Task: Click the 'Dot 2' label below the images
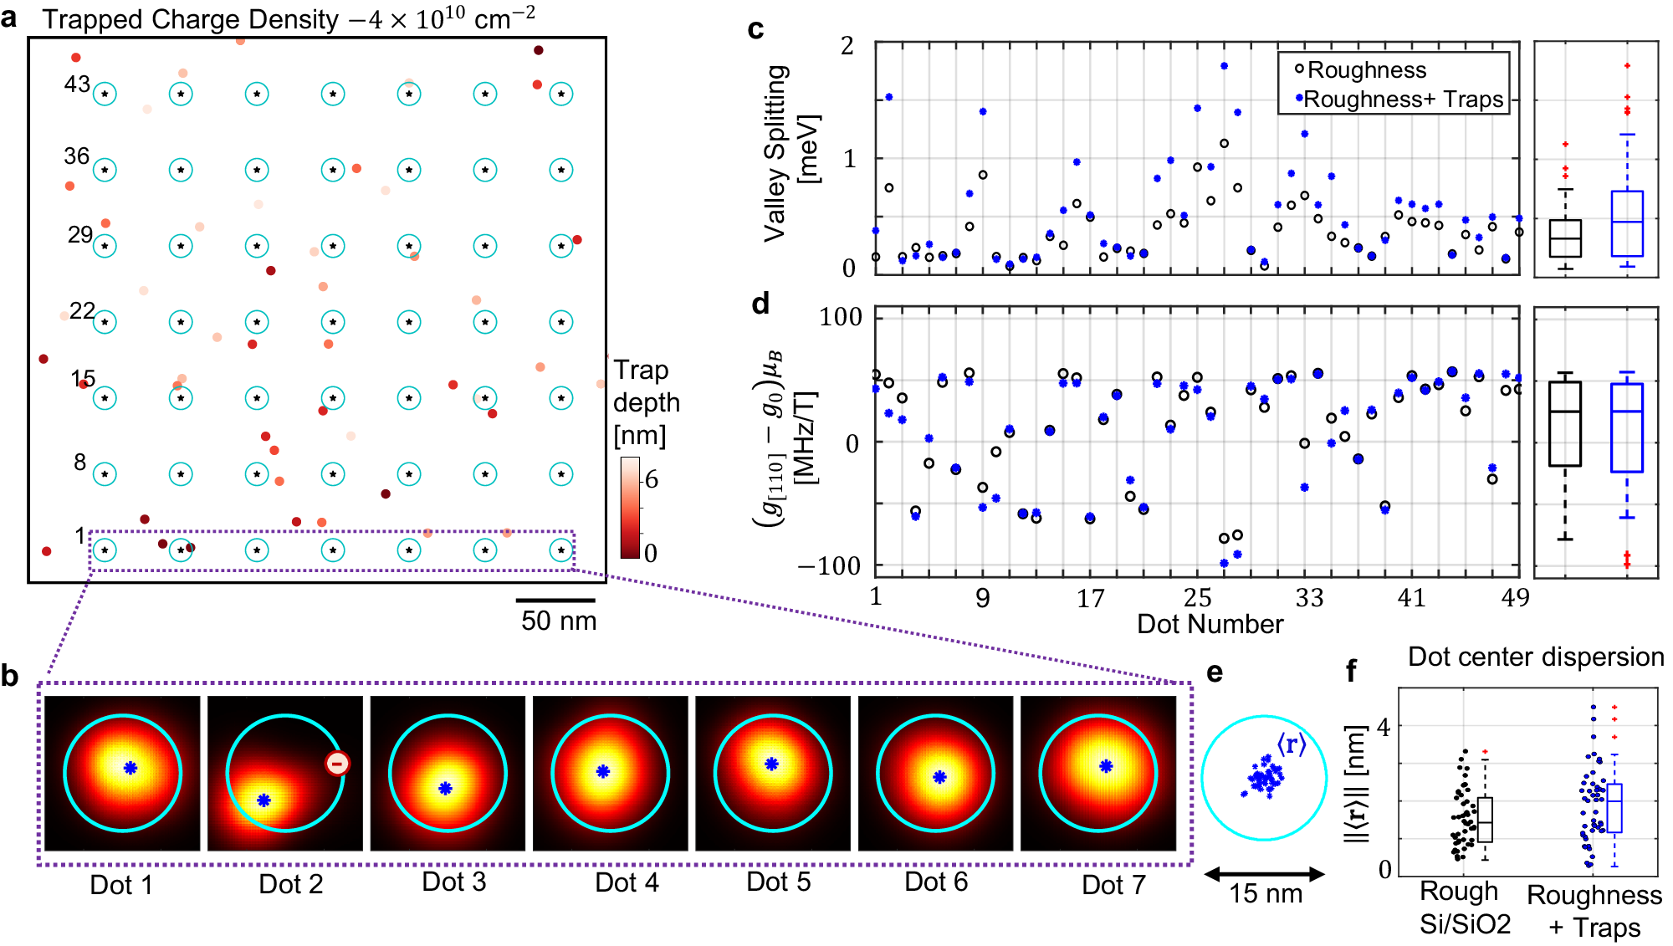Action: (290, 884)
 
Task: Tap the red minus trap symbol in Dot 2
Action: (337, 763)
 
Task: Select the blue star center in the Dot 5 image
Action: (771, 763)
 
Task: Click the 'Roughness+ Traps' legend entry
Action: (1404, 100)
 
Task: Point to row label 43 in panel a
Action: (77, 84)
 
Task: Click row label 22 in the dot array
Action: (82, 311)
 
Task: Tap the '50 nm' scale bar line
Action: (555, 600)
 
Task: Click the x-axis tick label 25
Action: (1197, 597)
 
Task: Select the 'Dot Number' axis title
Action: (1210, 624)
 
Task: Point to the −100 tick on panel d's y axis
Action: (829, 566)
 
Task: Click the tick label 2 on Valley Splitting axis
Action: (847, 46)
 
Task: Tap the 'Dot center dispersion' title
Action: (1536, 657)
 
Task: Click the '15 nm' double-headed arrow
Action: (1264, 874)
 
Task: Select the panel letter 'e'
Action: (1214, 672)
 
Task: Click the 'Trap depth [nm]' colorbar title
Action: (646, 402)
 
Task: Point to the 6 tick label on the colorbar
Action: (651, 479)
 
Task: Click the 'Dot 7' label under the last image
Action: (1113, 884)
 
